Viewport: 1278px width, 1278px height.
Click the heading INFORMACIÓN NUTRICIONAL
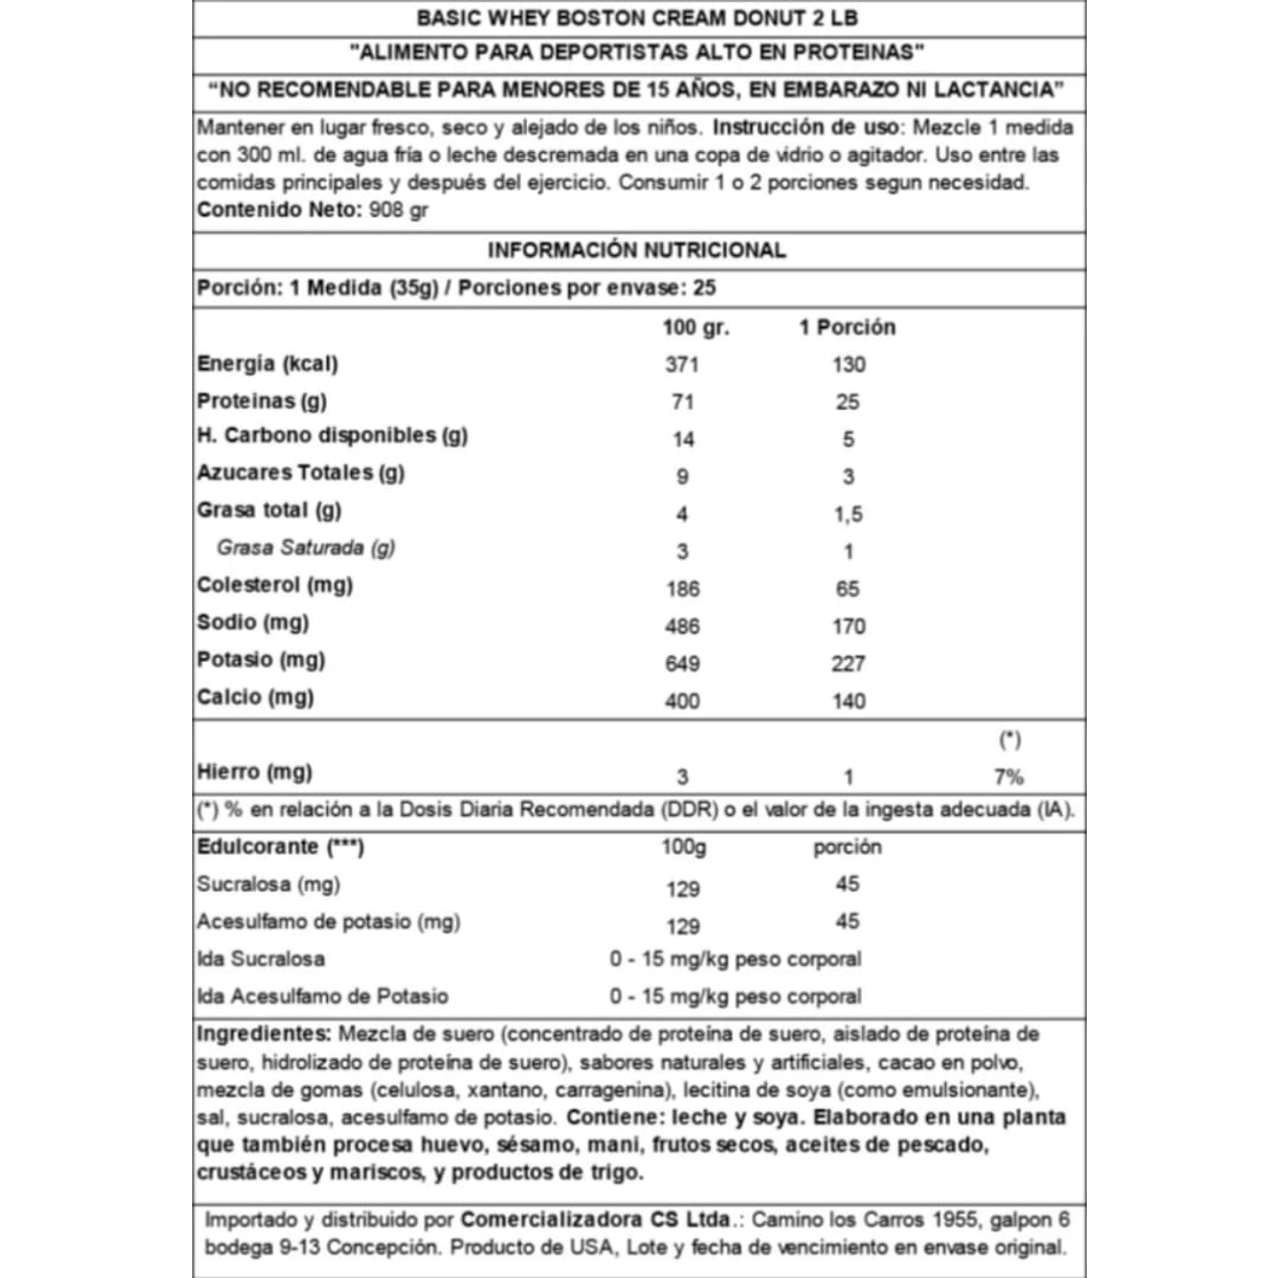pos(636,250)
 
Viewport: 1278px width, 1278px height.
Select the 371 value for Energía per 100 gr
pos(682,364)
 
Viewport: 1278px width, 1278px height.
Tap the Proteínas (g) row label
pos(261,401)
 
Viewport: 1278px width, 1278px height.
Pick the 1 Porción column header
pos(847,327)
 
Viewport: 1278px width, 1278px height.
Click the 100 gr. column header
pos(695,327)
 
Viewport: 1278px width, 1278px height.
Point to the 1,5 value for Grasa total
pos(848,514)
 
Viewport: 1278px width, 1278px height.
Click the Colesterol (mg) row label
pos(275,585)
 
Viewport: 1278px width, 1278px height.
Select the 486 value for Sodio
pos(682,627)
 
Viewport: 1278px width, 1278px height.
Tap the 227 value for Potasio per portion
pos(848,664)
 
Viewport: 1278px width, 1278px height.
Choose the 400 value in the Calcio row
pos(682,701)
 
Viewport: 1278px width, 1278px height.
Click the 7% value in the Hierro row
pos(1009,777)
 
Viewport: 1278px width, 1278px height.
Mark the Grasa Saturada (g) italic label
pos(306,547)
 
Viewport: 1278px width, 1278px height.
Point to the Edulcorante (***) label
pos(280,846)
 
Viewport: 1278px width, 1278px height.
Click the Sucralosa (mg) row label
pos(268,884)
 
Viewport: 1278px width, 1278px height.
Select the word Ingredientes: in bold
pos(264,1034)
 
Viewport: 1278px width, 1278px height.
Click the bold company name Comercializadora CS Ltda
pos(595,1219)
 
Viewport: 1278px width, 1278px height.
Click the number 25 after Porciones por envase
pos(705,288)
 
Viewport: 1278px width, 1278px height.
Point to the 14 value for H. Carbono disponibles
pos(683,439)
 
